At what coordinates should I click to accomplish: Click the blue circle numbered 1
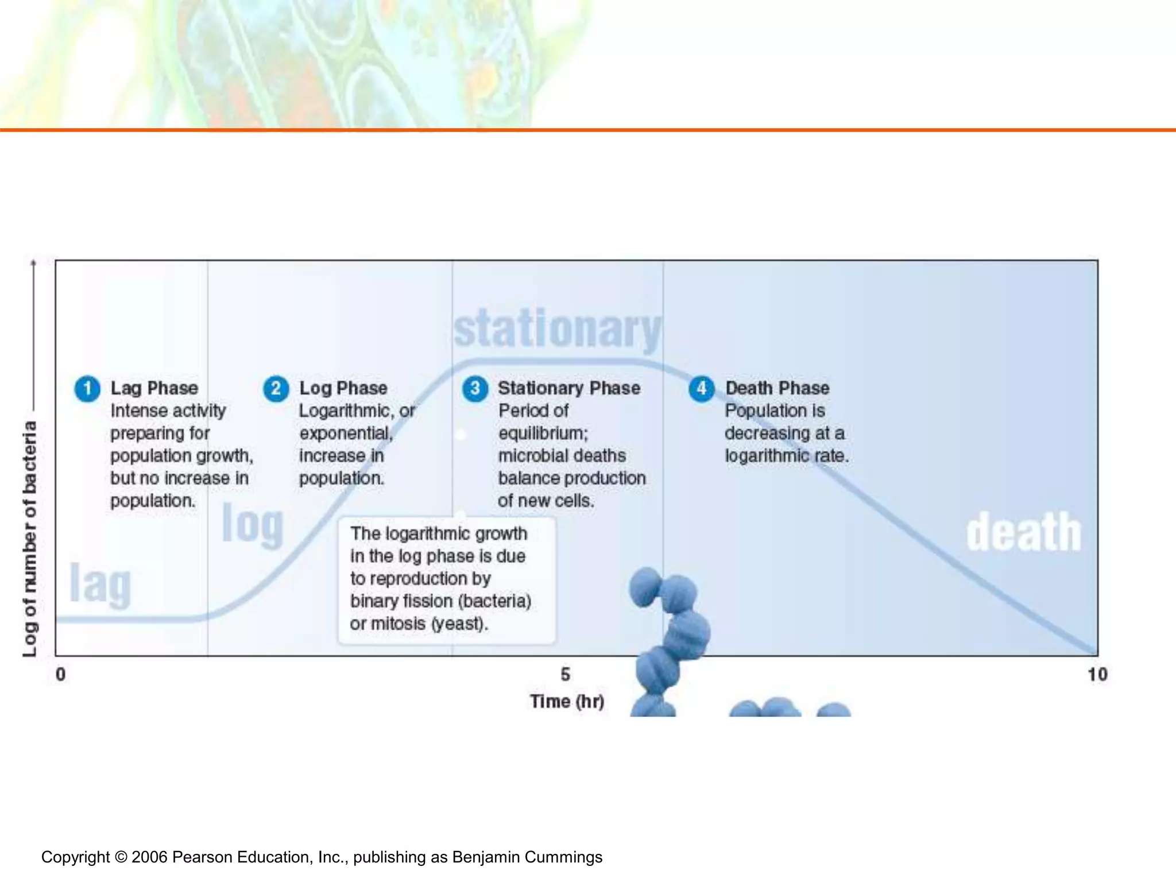pyautogui.click(x=87, y=389)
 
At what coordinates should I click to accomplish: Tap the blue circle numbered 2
pyautogui.click(x=276, y=389)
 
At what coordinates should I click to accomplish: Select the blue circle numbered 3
pyautogui.click(x=475, y=389)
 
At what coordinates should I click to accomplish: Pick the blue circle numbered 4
pyautogui.click(x=701, y=389)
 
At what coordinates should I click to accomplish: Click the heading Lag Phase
pyautogui.click(x=154, y=388)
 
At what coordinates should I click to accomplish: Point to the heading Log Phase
pyautogui.click(x=343, y=388)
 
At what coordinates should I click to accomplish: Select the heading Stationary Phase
pyautogui.click(x=568, y=388)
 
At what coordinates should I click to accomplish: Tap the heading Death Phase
pyautogui.click(x=777, y=388)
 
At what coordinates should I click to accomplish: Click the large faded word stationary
pyautogui.click(x=557, y=330)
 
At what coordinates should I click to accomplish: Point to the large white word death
pyautogui.click(x=1023, y=533)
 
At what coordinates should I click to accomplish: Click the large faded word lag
pyautogui.click(x=100, y=583)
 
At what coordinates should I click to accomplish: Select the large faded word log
pyautogui.click(x=253, y=524)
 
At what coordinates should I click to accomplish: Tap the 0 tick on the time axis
pyautogui.click(x=60, y=674)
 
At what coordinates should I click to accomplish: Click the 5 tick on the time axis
pyautogui.click(x=566, y=674)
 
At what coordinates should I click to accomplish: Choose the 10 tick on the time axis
pyautogui.click(x=1097, y=674)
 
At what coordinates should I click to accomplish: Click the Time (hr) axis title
pyautogui.click(x=567, y=701)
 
